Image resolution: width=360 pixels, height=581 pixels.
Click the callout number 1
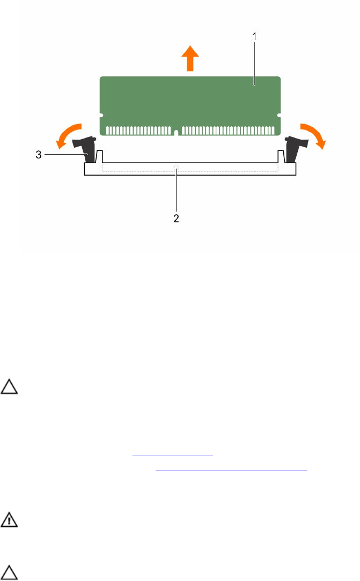[x=254, y=37]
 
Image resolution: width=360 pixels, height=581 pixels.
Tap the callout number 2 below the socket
[x=177, y=218]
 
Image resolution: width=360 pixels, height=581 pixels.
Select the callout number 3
[x=39, y=155]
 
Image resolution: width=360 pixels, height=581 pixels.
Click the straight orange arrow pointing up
[x=190, y=58]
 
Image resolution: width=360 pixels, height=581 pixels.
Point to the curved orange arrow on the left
[x=67, y=133]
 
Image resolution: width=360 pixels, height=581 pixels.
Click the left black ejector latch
[x=85, y=149]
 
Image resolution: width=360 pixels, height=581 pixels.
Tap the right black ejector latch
[x=295, y=149]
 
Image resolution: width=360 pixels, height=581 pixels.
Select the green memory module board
[x=190, y=106]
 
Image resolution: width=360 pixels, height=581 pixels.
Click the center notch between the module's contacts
[x=177, y=132]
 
